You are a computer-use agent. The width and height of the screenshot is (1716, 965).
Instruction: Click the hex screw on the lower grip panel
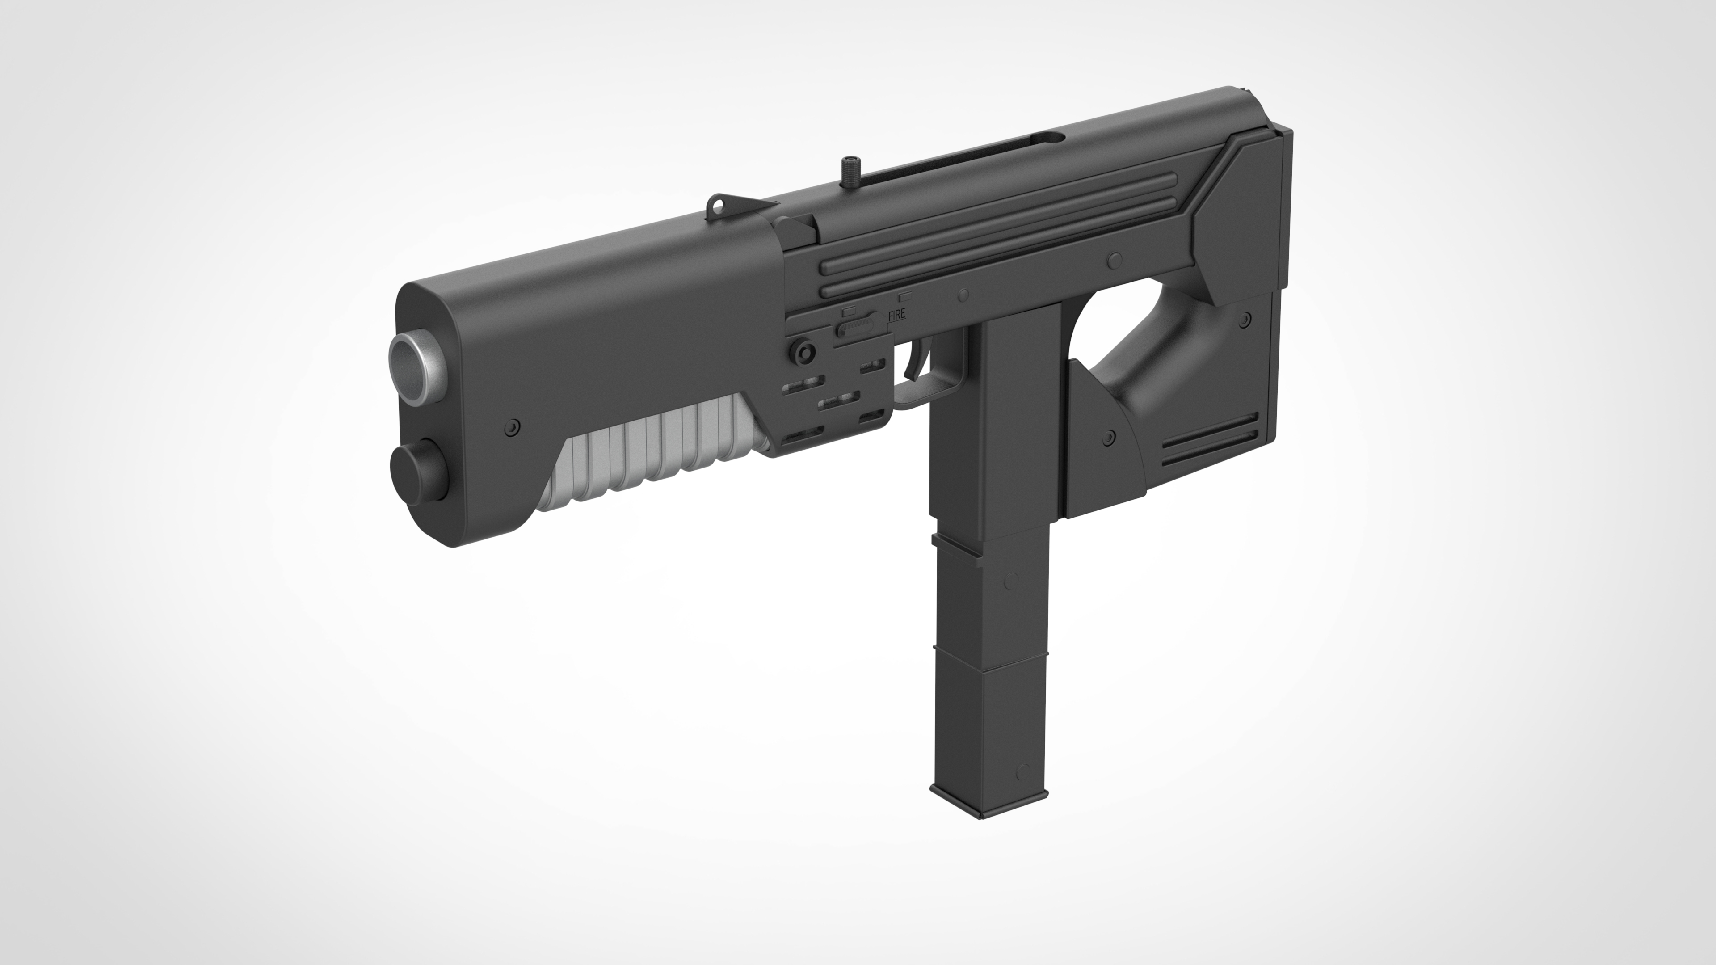click(1108, 437)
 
